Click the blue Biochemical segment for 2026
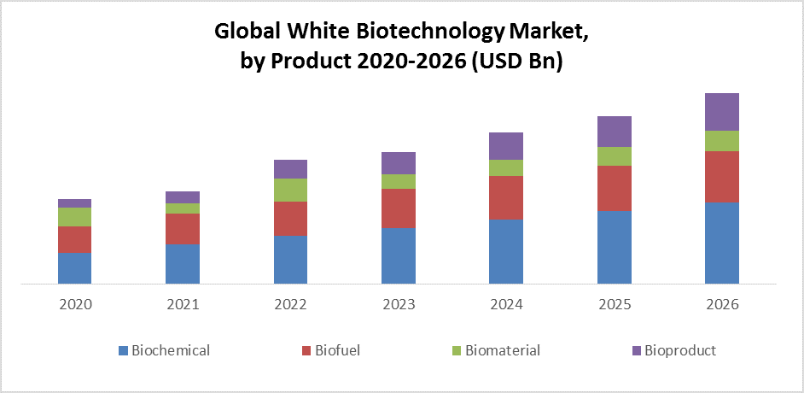(721, 243)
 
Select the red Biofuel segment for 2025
(614, 189)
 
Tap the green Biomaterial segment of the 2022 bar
(290, 190)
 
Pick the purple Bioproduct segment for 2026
(721, 112)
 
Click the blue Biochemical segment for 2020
(75, 267)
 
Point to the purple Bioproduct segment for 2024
(506, 146)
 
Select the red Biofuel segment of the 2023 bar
(399, 208)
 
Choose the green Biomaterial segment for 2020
(75, 217)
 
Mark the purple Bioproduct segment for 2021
(183, 197)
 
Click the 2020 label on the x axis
(75, 304)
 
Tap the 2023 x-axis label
(399, 304)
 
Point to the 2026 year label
(721, 304)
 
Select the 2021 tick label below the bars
(183, 304)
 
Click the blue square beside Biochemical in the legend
(124, 350)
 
